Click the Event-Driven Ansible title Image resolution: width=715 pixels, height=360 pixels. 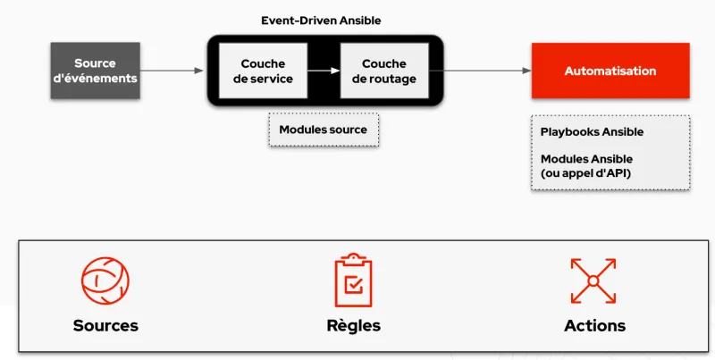[324, 20]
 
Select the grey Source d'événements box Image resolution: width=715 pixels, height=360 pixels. [94, 71]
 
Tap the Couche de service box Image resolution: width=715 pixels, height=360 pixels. [263, 71]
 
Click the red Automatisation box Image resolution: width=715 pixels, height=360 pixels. [610, 71]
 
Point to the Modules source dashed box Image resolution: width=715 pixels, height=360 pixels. [323, 130]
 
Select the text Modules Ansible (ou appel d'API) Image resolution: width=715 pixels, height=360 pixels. [585, 165]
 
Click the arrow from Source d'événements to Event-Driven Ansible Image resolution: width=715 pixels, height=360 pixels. [172, 71]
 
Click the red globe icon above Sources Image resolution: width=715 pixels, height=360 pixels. [105, 280]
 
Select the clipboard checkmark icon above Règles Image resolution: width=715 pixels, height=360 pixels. [353, 280]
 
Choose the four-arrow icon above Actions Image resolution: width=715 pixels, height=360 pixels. [593, 280]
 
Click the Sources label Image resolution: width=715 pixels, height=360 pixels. [105, 325]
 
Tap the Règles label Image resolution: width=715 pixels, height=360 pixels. [353, 325]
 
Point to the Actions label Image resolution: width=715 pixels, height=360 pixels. [594, 325]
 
